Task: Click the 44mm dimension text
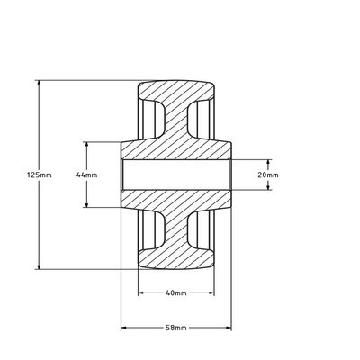(x=86, y=175)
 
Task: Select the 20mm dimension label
(x=269, y=175)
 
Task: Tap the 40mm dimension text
(x=175, y=293)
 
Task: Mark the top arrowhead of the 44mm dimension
(x=86, y=144)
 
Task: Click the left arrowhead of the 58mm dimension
(x=124, y=328)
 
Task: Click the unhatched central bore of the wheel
(x=175, y=175)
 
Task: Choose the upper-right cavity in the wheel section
(x=203, y=119)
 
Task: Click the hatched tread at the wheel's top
(x=175, y=90)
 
